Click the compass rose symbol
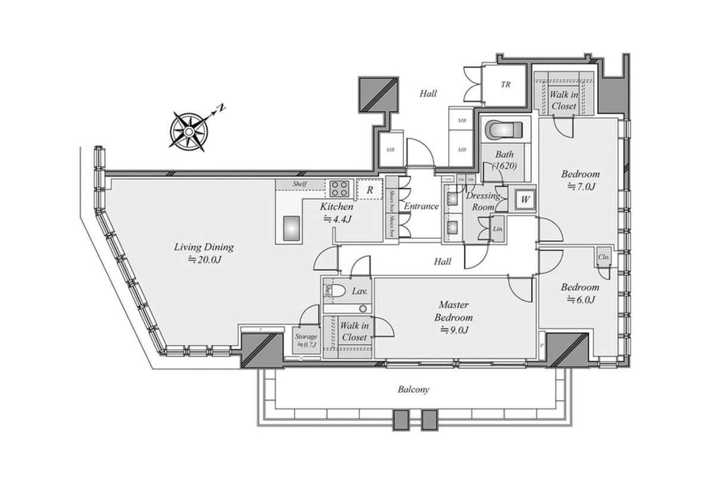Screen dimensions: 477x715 [188, 129]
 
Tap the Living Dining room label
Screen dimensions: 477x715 [204, 252]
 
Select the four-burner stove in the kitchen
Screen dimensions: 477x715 [340, 189]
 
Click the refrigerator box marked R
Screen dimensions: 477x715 [370, 190]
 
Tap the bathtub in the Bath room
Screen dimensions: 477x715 [504, 130]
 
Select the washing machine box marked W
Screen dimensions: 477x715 [525, 199]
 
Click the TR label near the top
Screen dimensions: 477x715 [505, 85]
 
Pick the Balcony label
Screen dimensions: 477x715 [414, 389]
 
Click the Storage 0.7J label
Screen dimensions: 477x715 [306, 340]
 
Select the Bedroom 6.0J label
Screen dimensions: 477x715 [580, 293]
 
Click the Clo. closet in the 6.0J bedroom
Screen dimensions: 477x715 [603, 257]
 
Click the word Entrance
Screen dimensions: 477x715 [421, 206]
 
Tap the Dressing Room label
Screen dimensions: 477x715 [483, 201]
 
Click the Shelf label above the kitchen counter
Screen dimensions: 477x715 [300, 184]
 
